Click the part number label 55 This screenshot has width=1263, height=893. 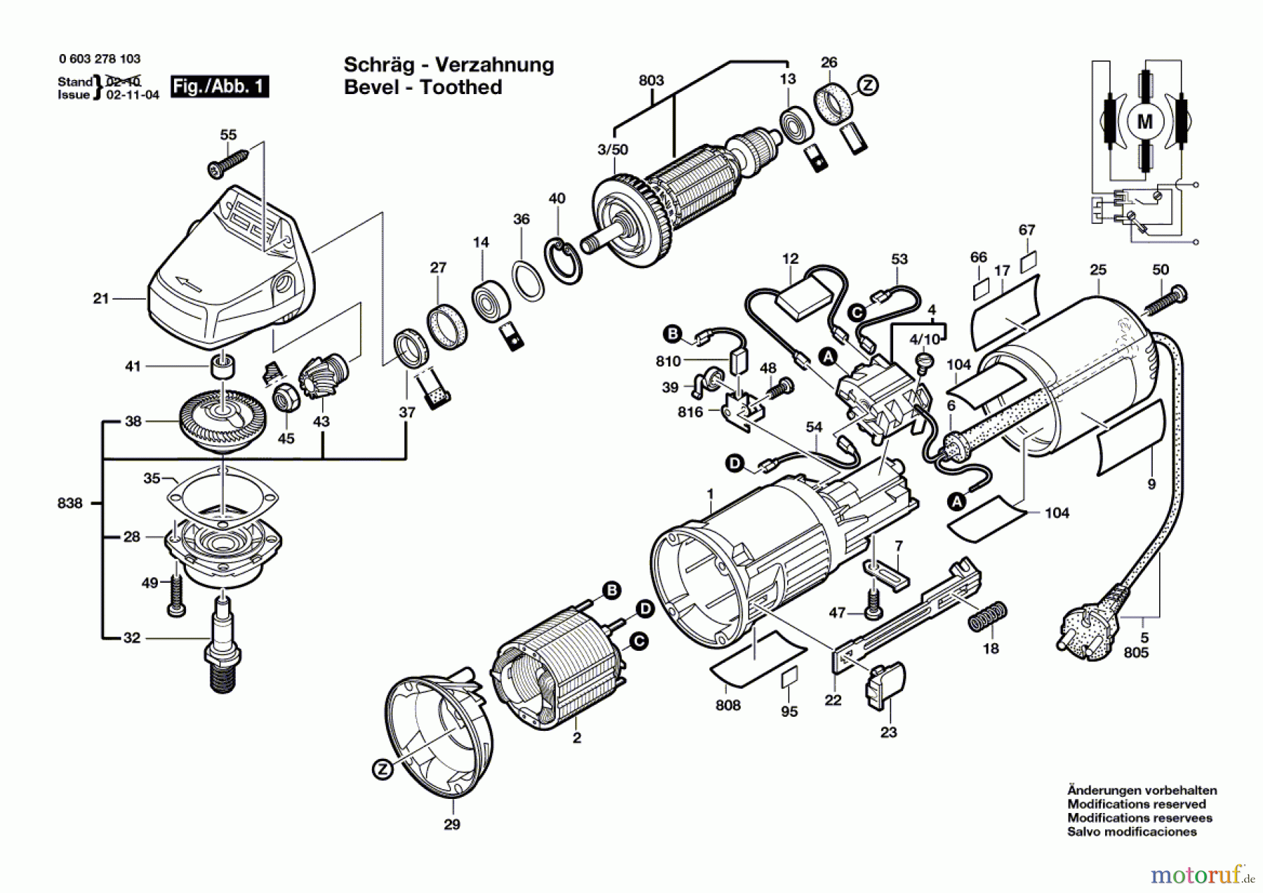point(228,134)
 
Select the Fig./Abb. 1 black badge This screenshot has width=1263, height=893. point(220,86)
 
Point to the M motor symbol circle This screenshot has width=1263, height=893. point(1144,122)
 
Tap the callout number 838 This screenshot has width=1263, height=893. point(69,503)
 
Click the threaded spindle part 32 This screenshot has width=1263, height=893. point(222,644)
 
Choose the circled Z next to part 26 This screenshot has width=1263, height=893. point(869,86)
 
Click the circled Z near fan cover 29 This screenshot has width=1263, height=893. point(382,769)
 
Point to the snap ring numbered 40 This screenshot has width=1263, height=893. point(564,261)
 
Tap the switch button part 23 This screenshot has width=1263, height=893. point(887,686)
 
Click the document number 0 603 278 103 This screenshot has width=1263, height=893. point(100,59)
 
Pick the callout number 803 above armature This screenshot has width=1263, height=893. point(650,80)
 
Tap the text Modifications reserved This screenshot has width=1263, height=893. point(1136,804)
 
